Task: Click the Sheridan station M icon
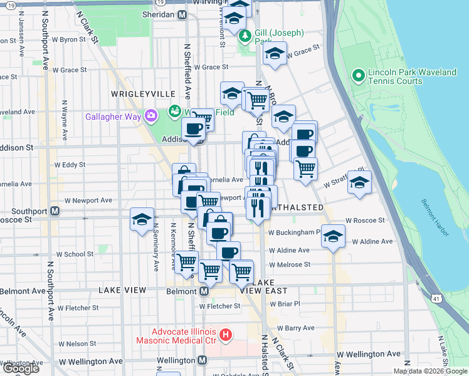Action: [182, 15]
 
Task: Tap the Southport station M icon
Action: [55, 211]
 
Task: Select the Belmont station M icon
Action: [204, 291]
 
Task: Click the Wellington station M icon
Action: [202, 360]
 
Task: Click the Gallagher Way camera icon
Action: [150, 115]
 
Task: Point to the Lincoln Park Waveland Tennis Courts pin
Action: [359, 76]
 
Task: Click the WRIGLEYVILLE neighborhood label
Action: [143, 93]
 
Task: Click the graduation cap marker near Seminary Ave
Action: [142, 220]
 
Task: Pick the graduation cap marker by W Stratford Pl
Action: [359, 183]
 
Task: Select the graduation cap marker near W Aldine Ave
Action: [333, 237]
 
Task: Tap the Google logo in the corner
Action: [20, 368]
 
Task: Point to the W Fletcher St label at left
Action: [77, 308]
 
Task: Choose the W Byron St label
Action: [68, 39]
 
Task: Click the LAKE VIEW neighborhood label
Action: [122, 291]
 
